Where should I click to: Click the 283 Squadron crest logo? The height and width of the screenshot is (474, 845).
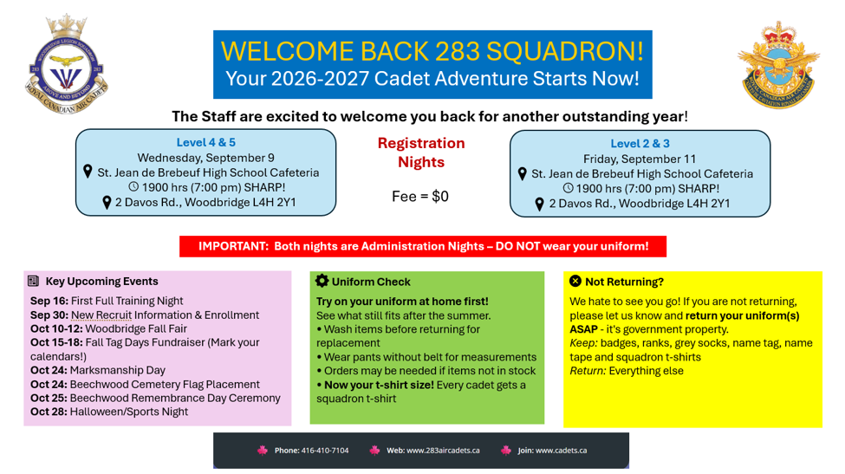click(66, 64)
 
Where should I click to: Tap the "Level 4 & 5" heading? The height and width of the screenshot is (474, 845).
click(206, 143)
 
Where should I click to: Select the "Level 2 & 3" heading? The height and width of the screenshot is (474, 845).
click(640, 144)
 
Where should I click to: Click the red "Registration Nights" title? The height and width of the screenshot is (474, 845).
click(421, 153)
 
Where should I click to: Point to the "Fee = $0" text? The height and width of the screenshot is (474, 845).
click(419, 196)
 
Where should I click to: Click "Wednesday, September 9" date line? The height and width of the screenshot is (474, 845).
click(206, 158)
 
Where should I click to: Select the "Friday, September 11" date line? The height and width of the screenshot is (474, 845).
click(640, 159)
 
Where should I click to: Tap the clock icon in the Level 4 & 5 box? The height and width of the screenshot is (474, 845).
click(133, 187)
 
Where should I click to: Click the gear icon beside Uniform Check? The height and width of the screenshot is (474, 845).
click(322, 281)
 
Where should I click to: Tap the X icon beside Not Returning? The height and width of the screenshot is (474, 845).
click(575, 281)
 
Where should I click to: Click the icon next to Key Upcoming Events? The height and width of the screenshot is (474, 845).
click(34, 281)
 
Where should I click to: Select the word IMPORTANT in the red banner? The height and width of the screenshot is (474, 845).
click(233, 246)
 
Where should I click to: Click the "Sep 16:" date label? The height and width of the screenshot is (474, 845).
click(49, 301)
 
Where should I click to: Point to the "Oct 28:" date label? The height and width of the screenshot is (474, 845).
click(49, 412)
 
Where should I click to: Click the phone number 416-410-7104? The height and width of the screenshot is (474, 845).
click(325, 451)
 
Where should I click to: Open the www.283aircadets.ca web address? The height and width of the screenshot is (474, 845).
click(443, 451)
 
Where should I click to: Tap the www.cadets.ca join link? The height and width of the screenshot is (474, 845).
click(561, 451)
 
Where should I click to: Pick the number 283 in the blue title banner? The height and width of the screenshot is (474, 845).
click(458, 51)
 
